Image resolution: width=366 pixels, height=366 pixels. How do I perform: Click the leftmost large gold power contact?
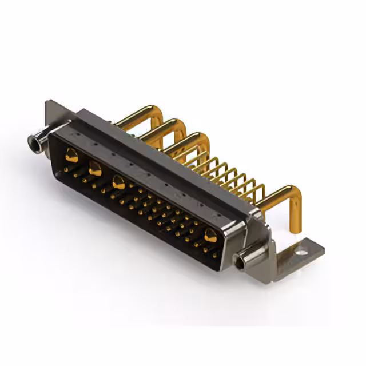point(71,154)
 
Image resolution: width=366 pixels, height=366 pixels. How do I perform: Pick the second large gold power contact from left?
point(95,168)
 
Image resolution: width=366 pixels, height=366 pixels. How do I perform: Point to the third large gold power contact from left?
point(119,183)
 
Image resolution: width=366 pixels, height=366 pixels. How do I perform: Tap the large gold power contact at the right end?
point(210,234)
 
